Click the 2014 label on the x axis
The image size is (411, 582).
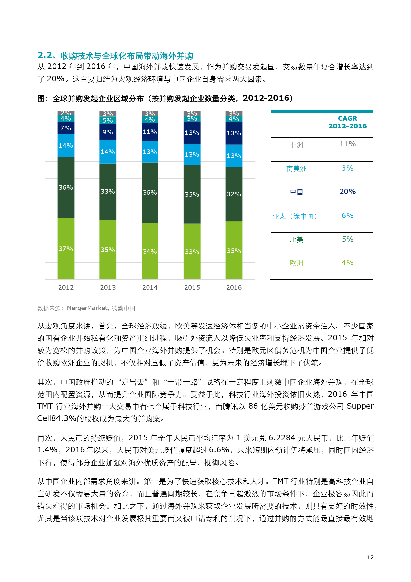[x=150, y=287]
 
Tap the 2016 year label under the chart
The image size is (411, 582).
[x=234, y=287]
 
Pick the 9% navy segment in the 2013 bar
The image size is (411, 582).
[x=108, y=132]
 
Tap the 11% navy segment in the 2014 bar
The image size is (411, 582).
[x=150, y=132]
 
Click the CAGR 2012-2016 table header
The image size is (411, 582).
[x=347, y=122]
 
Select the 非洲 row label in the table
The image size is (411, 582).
[x=296, y=145]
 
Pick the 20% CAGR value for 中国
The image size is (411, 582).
[x=347, y=192]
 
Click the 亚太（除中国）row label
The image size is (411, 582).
[x=295, y=216]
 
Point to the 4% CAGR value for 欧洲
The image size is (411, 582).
[x=347, y=263]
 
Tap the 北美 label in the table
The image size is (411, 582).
[x=296, y=240]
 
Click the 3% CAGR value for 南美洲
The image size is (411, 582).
[x=347, y=168]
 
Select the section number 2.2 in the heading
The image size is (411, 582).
[x=44, y=55]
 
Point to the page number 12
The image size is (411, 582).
[x=370, y=557]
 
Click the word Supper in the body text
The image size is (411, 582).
[x=360, y=406]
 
